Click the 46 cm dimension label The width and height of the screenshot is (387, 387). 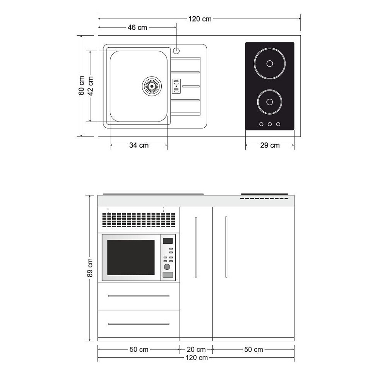(137, 27)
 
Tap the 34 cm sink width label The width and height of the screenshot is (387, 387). (139, 145)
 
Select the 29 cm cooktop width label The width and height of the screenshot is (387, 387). (270, 145)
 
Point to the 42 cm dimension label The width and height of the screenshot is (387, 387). (91, 86)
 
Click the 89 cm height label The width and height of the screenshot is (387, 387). (90, 268)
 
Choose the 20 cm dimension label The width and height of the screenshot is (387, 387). (196, 349)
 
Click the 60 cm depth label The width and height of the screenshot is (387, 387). (81, 86)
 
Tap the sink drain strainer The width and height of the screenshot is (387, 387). (152, 86)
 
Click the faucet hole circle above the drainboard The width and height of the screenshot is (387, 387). (176, 51)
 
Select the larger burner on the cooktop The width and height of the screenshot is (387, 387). (270, 63)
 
